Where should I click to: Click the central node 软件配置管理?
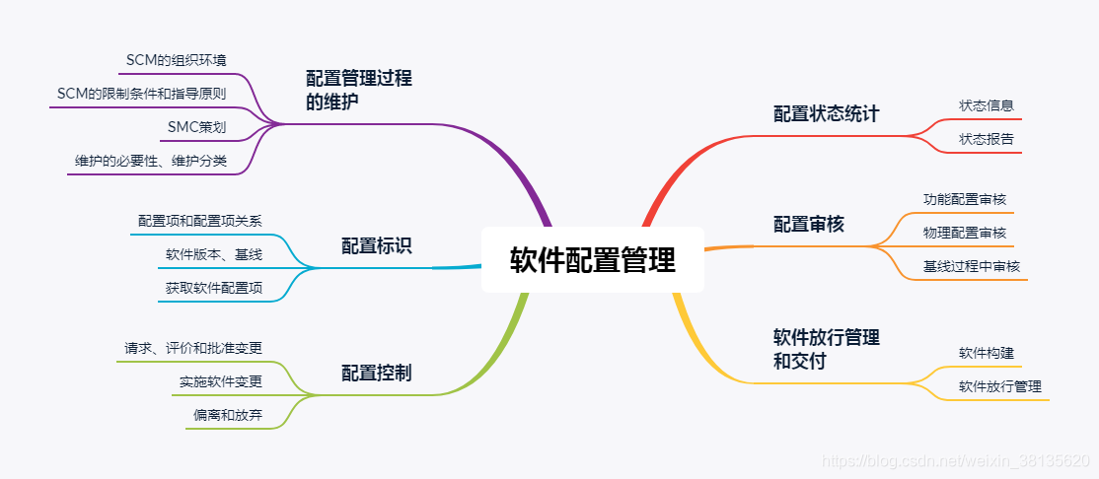click(592, 260)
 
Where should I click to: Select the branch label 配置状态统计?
click(826, 113)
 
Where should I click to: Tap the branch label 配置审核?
click(808, 225)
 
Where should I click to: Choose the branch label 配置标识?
click(376, 246)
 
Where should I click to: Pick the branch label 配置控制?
click(376, 373)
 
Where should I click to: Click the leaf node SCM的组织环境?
click(177, 61)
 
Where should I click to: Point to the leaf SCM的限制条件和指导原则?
click(141, 94)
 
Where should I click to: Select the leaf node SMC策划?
click(197, 127)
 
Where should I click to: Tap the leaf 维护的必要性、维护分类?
click(151, 161)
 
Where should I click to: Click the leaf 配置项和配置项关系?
click(199, 221)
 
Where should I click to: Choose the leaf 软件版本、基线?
click(213, 255)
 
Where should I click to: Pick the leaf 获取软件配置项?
click(213, 288)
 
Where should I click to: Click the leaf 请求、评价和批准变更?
click(192, 348)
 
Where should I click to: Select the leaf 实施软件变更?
click(220, 381)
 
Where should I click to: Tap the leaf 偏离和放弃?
click(227, 415)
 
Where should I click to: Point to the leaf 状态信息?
click(986, 104)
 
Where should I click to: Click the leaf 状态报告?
click(986, 139)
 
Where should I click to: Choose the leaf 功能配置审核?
click(964, 199)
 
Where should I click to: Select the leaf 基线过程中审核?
click(971, 266)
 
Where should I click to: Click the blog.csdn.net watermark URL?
click(955, 461)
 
